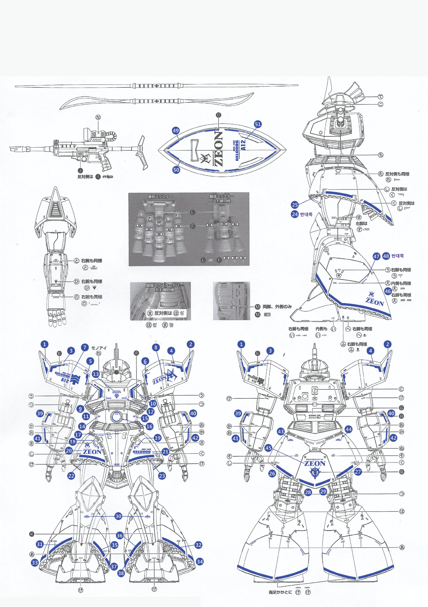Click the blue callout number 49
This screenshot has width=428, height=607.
point(175,131)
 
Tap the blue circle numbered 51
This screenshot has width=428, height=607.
point(258,124)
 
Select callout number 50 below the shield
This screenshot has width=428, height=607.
point(176,170)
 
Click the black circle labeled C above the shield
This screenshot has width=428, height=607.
point(219,115)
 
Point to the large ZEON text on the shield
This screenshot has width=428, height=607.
point(218,149)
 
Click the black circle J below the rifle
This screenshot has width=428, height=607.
point(80,171)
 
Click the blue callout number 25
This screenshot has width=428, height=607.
point(295,205)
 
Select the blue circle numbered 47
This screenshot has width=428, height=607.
point(376,256)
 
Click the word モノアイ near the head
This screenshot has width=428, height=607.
point(99,348)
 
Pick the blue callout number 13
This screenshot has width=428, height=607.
point(96,374)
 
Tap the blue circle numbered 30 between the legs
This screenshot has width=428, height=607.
point(118,516)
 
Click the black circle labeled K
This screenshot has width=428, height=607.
point(32,534)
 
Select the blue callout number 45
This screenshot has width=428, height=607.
point(268,448)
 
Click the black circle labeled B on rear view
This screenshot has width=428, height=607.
point(401,472)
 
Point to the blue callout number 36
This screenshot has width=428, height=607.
point(120,535)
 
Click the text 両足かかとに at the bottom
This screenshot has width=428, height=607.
point(280,592)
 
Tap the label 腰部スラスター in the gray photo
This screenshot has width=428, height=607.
point(160,197)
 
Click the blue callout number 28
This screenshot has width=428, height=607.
point(308,492)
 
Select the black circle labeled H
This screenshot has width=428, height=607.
point(401,416)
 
